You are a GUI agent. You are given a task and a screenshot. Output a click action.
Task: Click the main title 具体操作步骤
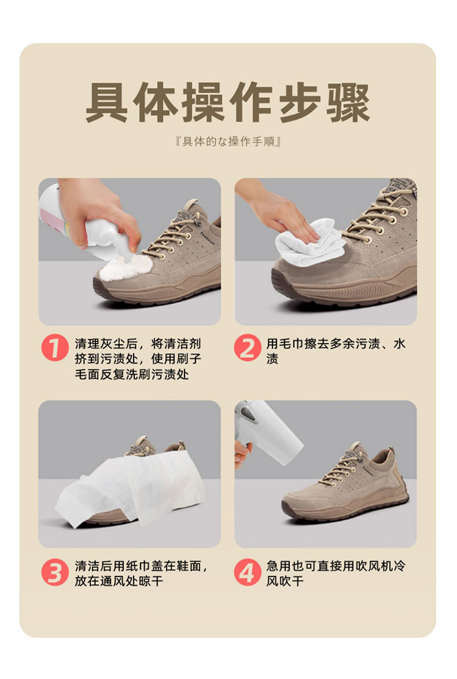click(228, 104)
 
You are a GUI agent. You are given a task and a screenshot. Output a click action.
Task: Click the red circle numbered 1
click(54, 349)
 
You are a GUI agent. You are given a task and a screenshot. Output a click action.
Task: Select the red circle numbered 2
click(248, 349)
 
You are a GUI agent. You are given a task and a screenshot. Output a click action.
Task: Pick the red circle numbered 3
click(54, 572)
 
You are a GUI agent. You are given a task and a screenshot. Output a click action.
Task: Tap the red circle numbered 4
click(248, 572)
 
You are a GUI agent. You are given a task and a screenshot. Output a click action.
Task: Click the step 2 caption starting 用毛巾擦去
click(336, 351)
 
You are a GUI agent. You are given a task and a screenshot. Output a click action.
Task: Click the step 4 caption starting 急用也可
click(336, 573)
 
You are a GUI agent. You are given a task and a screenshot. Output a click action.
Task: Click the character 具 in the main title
click(106, 104)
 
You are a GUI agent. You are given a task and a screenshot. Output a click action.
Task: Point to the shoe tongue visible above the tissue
click(140, 446)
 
